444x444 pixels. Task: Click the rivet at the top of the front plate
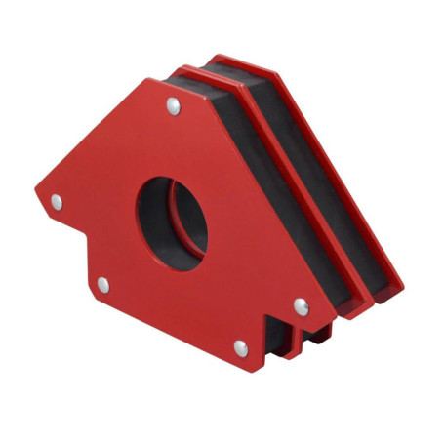[x=173, y=106]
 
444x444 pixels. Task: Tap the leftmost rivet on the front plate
[x=57, y=202]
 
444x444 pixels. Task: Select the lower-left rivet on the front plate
[x=102, y=284]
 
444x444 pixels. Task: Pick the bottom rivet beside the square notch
[x=240, y=346]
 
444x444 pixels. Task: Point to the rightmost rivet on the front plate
[x=300, y=306]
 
